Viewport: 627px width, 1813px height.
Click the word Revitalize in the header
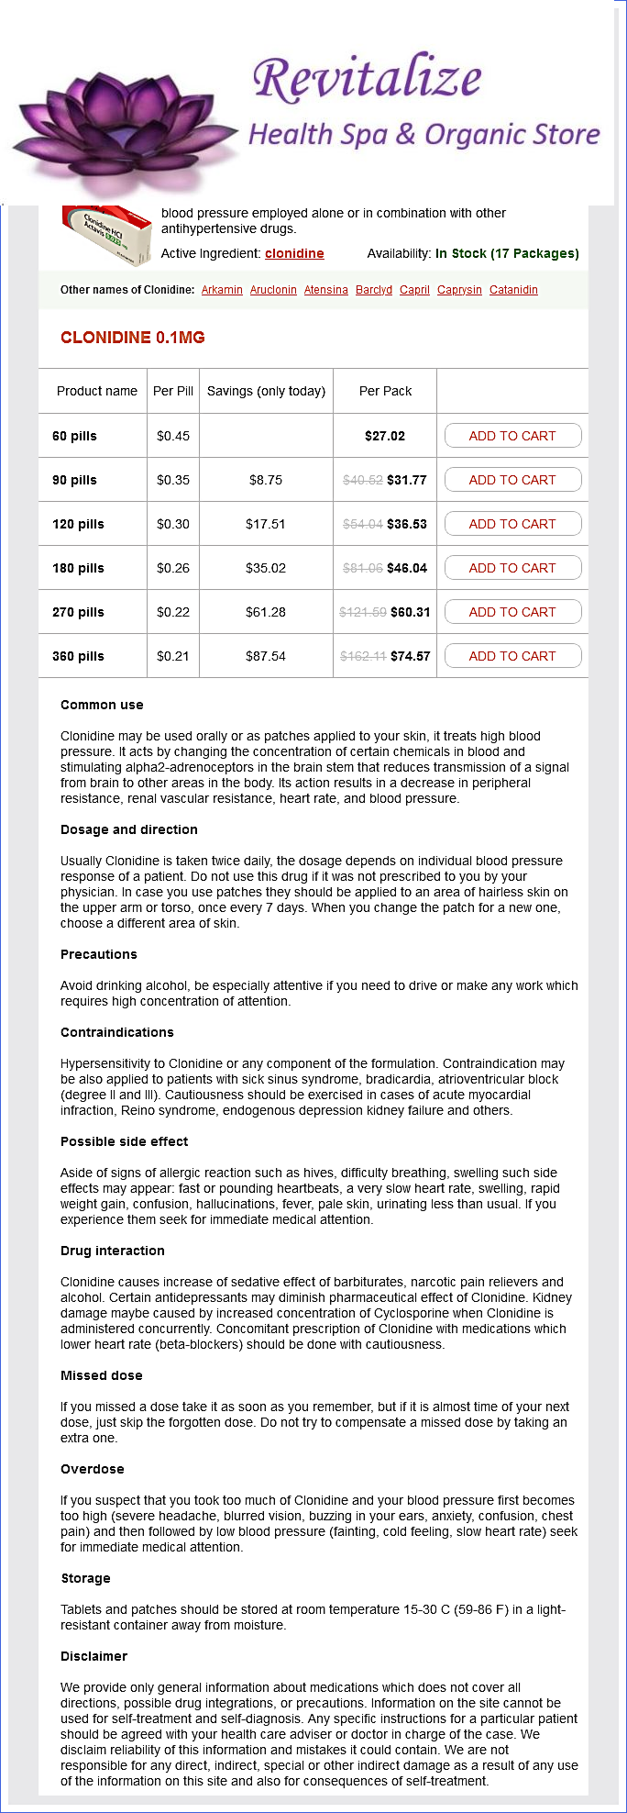[367, 79]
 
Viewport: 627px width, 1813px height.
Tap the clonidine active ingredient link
[294, 253]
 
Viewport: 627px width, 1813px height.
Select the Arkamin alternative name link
[222, 290]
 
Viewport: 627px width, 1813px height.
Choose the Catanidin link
[513, 290]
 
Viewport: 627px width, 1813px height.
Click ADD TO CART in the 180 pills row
[512, 568]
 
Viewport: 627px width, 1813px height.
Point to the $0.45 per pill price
[173, 436]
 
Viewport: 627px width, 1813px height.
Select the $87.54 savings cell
[266, 656]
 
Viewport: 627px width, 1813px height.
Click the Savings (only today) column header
[266, 391]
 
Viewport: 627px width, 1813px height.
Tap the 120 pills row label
[78, 524]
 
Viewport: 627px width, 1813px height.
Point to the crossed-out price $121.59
[362, 612]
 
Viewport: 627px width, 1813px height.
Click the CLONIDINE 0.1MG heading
[133, 338]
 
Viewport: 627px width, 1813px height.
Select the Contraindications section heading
[116, 1032]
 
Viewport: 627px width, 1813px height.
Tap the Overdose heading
[92, 1469]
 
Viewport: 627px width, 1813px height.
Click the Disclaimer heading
[93, 1656]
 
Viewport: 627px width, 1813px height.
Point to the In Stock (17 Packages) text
[507, 253]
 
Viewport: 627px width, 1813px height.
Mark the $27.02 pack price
[385, 436]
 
